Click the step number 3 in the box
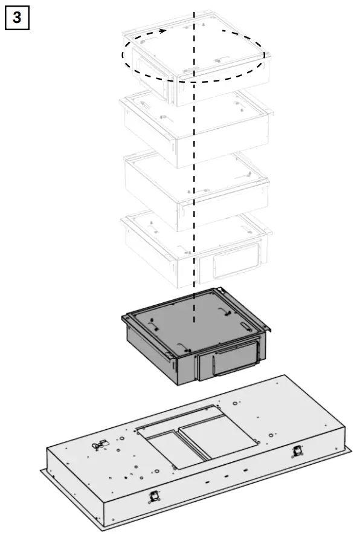pyautogui.click(x=17, y=17)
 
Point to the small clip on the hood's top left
pyautogui.click(x=97, y=446)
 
